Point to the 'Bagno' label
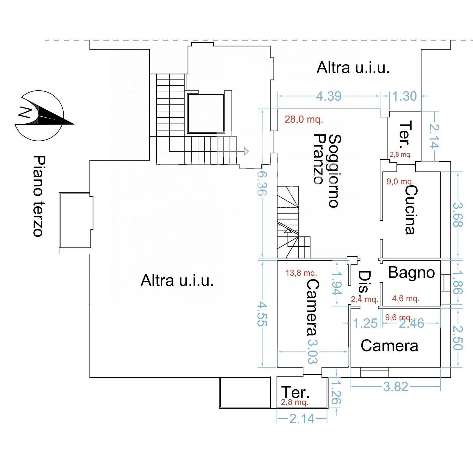411,272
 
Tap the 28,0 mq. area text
304,120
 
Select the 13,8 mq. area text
301,273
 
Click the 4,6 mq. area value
405,298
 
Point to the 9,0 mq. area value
400,181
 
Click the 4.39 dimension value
329,96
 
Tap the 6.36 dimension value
262,184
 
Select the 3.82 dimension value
395,387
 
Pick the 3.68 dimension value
458,214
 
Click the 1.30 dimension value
405,96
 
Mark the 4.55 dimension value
262,314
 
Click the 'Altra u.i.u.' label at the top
353,68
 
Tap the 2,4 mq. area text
364,299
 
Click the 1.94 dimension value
336,283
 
